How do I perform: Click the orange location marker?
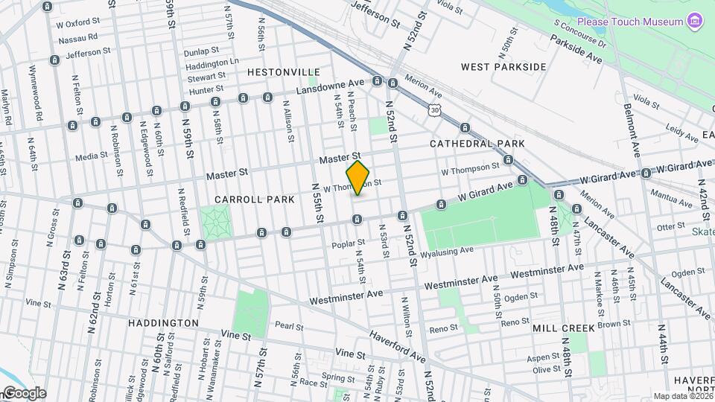358,178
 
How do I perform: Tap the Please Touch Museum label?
629,22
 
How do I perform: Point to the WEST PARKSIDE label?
503,67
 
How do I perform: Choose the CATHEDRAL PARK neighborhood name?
477,143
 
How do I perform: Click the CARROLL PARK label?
245,200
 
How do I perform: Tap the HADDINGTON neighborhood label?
163,323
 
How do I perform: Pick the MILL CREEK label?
564,328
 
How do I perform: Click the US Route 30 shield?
433,110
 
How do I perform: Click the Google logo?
24,393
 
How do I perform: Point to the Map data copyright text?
682,396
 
